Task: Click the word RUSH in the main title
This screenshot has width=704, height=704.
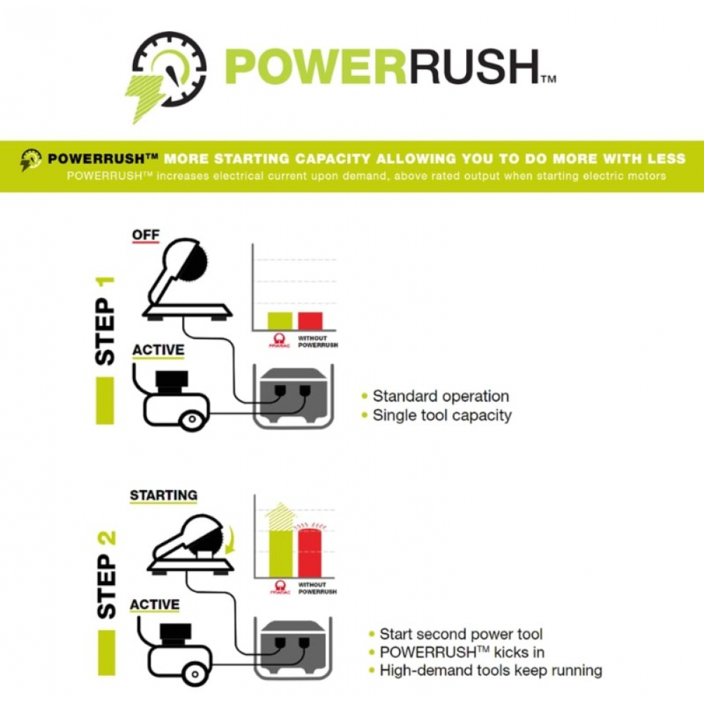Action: click(x=480, y=68)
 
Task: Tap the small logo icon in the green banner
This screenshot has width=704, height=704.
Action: click(x=31, y=159)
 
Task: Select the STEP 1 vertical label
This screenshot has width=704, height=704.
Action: click(x=105, y=321)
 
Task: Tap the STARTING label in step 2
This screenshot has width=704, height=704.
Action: click(x=163, y=496)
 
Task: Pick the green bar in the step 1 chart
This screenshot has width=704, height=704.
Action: click(x=279, y=321)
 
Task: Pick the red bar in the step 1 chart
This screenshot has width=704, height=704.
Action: click(x=310, y=321)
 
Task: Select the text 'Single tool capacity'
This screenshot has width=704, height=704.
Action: click(x=441, y=415)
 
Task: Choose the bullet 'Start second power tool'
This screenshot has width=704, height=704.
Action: click(x=460, y=634)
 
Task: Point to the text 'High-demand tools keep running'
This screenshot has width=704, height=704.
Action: click(x=490, y=670)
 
